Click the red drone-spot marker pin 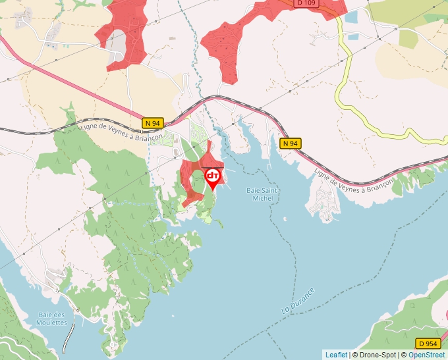click(213, 178)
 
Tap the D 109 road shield click(307, 3)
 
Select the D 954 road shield click(429, 344)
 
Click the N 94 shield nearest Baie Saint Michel click(290, 143)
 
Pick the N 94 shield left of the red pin click(152, 123)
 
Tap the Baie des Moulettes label click(53, 319)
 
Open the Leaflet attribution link click(336, 355)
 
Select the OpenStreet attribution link click(426, 355)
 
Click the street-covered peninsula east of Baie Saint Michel click(323, 200)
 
